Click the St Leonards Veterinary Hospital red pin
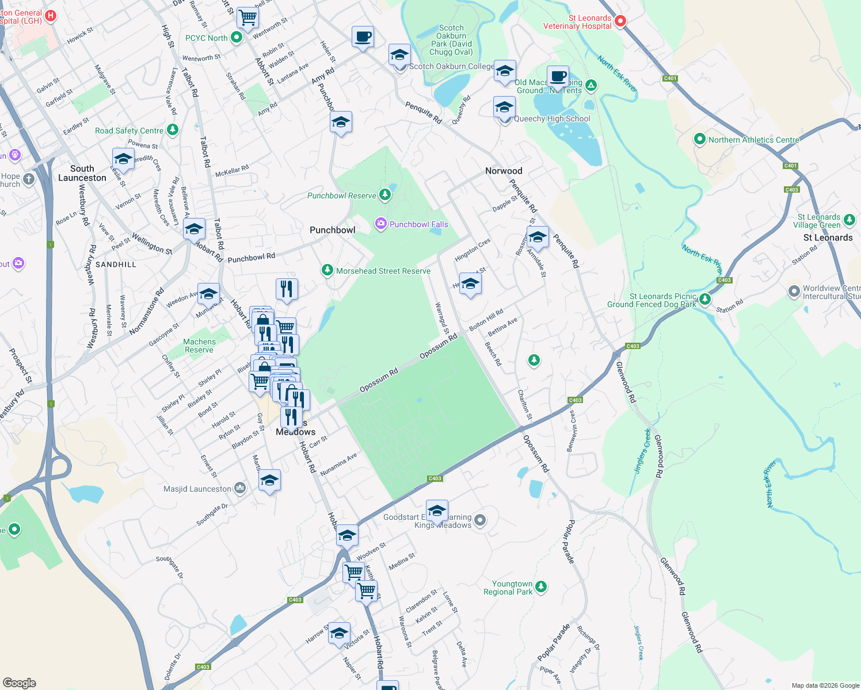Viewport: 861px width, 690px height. (620, 21)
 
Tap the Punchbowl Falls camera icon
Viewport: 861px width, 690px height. (380, 224)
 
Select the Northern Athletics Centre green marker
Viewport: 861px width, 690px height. (699, 139)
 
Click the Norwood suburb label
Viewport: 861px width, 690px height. (504, 171)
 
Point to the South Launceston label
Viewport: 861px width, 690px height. (82, 173)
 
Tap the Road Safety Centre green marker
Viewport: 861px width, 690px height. (172, 130)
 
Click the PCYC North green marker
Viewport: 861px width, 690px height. (236, 37)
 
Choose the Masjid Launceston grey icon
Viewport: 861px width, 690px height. (240, 489)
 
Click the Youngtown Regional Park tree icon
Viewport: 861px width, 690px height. (540, 586)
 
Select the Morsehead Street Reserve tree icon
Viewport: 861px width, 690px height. (327, 270)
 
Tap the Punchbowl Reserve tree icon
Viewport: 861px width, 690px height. (385, 195)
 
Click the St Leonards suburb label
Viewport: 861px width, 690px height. (828, 237)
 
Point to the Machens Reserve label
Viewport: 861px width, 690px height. (199, 346)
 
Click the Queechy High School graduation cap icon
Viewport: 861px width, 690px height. (504, 108)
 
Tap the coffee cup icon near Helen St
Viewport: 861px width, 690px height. (363, 37)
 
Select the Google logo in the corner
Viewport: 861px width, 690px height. (20, 683)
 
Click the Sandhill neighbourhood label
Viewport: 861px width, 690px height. (116, 264)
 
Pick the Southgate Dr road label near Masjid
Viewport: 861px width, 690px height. (212, 515)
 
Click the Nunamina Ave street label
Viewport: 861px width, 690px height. (338, 464)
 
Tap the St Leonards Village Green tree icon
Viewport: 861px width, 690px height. (849, 220)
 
